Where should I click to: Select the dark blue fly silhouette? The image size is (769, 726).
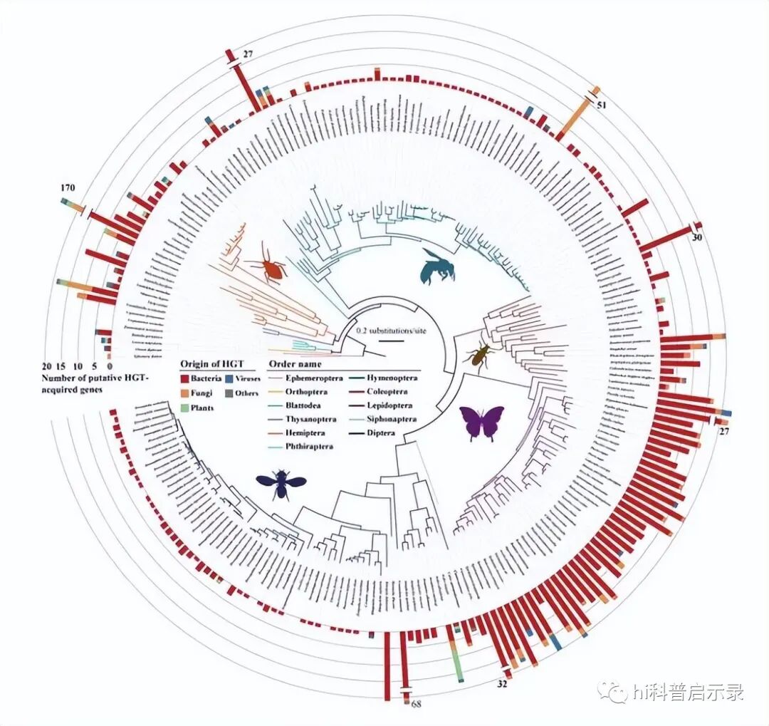[281, 482]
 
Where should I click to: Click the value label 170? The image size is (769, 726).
[68, 188]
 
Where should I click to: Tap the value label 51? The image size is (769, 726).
[602, 105]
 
